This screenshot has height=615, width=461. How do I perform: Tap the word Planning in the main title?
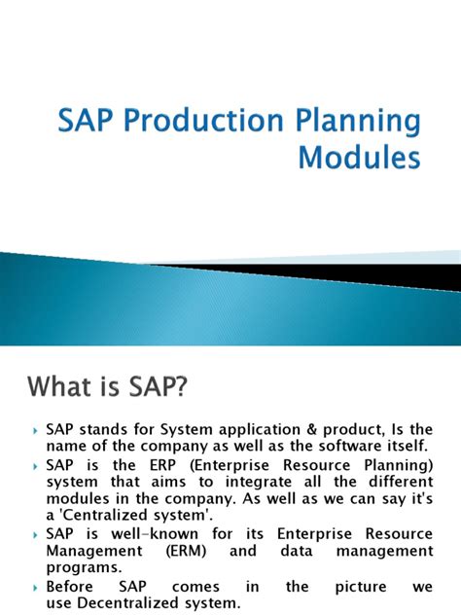[x=367, y=124]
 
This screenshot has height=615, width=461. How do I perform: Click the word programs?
[x=81, y=567]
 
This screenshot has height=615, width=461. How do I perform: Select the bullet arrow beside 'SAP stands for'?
[x=36, y=430]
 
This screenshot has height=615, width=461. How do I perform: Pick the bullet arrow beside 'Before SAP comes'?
[x=36, y=588]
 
